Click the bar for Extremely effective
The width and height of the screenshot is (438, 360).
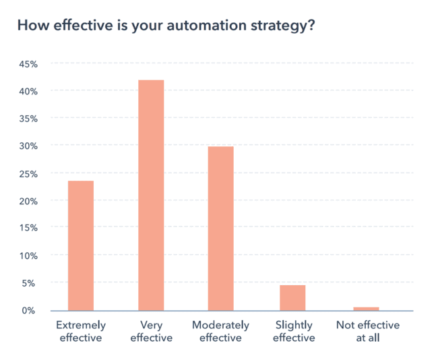[x=80, y=245]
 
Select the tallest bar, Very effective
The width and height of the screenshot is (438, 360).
[x=151, y=195]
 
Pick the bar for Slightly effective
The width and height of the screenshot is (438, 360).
[x=292, y=297]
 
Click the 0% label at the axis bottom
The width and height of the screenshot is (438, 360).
[x=30, y=310]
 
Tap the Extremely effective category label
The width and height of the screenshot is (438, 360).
[x=80, y=331]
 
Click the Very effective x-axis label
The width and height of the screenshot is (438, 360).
[x=151, y=331]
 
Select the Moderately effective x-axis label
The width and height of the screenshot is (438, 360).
[x=220, y=331]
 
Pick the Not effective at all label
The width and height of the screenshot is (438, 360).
[x=367, y=331]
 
